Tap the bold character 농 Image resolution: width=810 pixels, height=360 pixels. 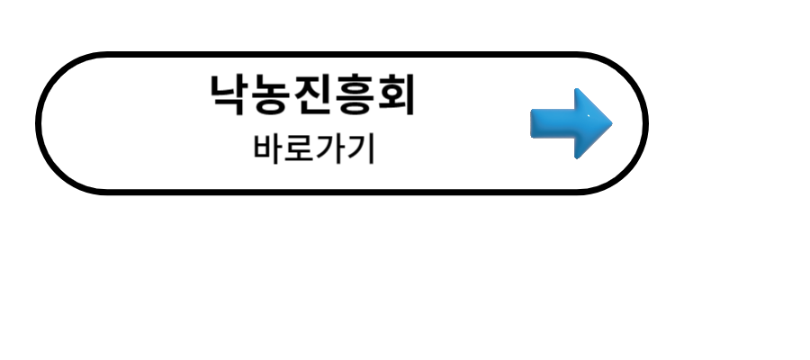coord(272,94)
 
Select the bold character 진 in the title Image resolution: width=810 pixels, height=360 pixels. coord(313,94)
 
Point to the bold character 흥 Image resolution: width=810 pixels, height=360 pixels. coord(355,95)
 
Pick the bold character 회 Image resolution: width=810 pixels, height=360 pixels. coord(396,94)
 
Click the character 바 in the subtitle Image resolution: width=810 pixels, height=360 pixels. coord(268,148)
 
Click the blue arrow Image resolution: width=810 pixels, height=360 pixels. coord(571,123)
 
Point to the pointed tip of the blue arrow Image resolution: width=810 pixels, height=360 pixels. coord(610,123)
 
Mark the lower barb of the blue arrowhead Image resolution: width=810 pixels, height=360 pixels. coord(579,155)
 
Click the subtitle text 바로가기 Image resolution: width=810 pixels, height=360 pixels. coord(314,148)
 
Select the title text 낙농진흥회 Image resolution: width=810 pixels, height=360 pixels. coord(313,94)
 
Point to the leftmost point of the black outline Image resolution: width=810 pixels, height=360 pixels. coord(39,122)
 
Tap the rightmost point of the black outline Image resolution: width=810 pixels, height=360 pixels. coord(645,122)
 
